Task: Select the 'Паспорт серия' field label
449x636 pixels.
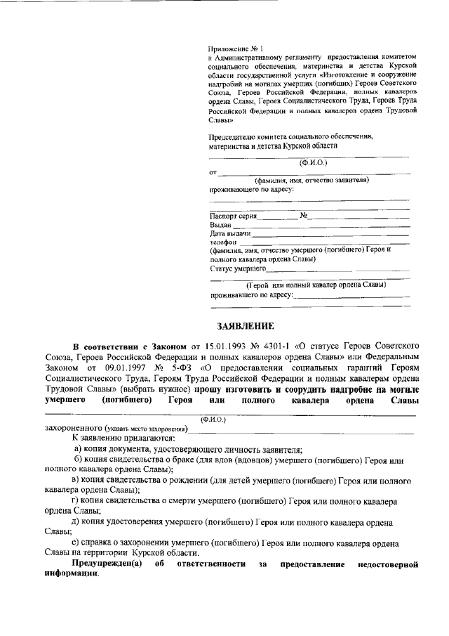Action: [x=234, y=216]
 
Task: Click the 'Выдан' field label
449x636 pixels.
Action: [x=220, y=225]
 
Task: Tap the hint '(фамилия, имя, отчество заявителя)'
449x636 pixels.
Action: [x=312, y=180]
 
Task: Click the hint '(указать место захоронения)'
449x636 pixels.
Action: [x=146, y=429]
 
